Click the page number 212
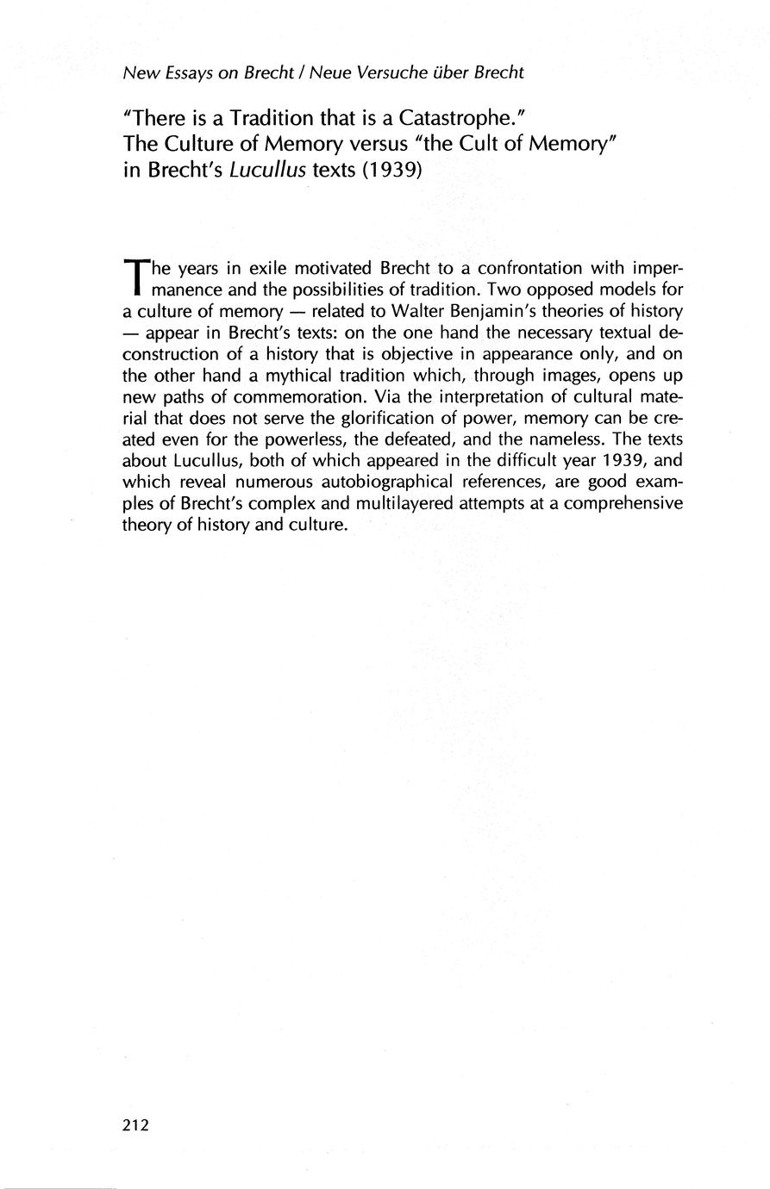(136, 1124)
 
